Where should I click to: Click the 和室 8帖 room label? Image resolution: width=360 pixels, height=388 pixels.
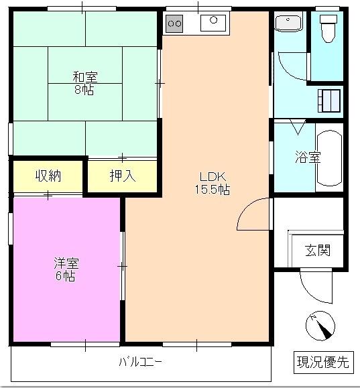[x=84, y=83]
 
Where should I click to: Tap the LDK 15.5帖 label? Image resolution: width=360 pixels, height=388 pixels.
[x=213, y=183]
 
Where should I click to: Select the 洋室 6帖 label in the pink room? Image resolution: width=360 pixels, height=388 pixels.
[x=65, y=269]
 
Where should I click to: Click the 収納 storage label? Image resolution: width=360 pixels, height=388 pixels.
[x=48, y=176]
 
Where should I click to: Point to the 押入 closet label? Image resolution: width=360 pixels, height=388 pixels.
[x=123, y=176]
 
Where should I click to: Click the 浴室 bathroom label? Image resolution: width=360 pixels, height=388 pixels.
[x=308, y=158]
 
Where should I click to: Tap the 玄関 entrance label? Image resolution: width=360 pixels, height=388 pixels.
[x=318, y=251]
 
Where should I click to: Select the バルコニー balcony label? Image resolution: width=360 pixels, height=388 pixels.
[x=141, y=363]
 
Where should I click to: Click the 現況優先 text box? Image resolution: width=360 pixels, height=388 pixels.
[x=323, y=363]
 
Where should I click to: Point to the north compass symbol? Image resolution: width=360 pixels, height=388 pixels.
[x=319, y=326]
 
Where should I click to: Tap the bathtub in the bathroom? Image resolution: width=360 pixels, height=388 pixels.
[x=329, y=158]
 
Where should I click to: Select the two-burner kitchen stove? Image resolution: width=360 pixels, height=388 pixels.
[x=174, y=23]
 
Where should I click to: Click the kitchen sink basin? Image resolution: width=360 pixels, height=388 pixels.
[x=213, y=23]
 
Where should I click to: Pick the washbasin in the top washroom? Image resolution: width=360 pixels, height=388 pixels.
[x=290, y=22]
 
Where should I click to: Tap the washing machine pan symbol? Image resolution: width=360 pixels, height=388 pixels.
[x=329, y=101]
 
